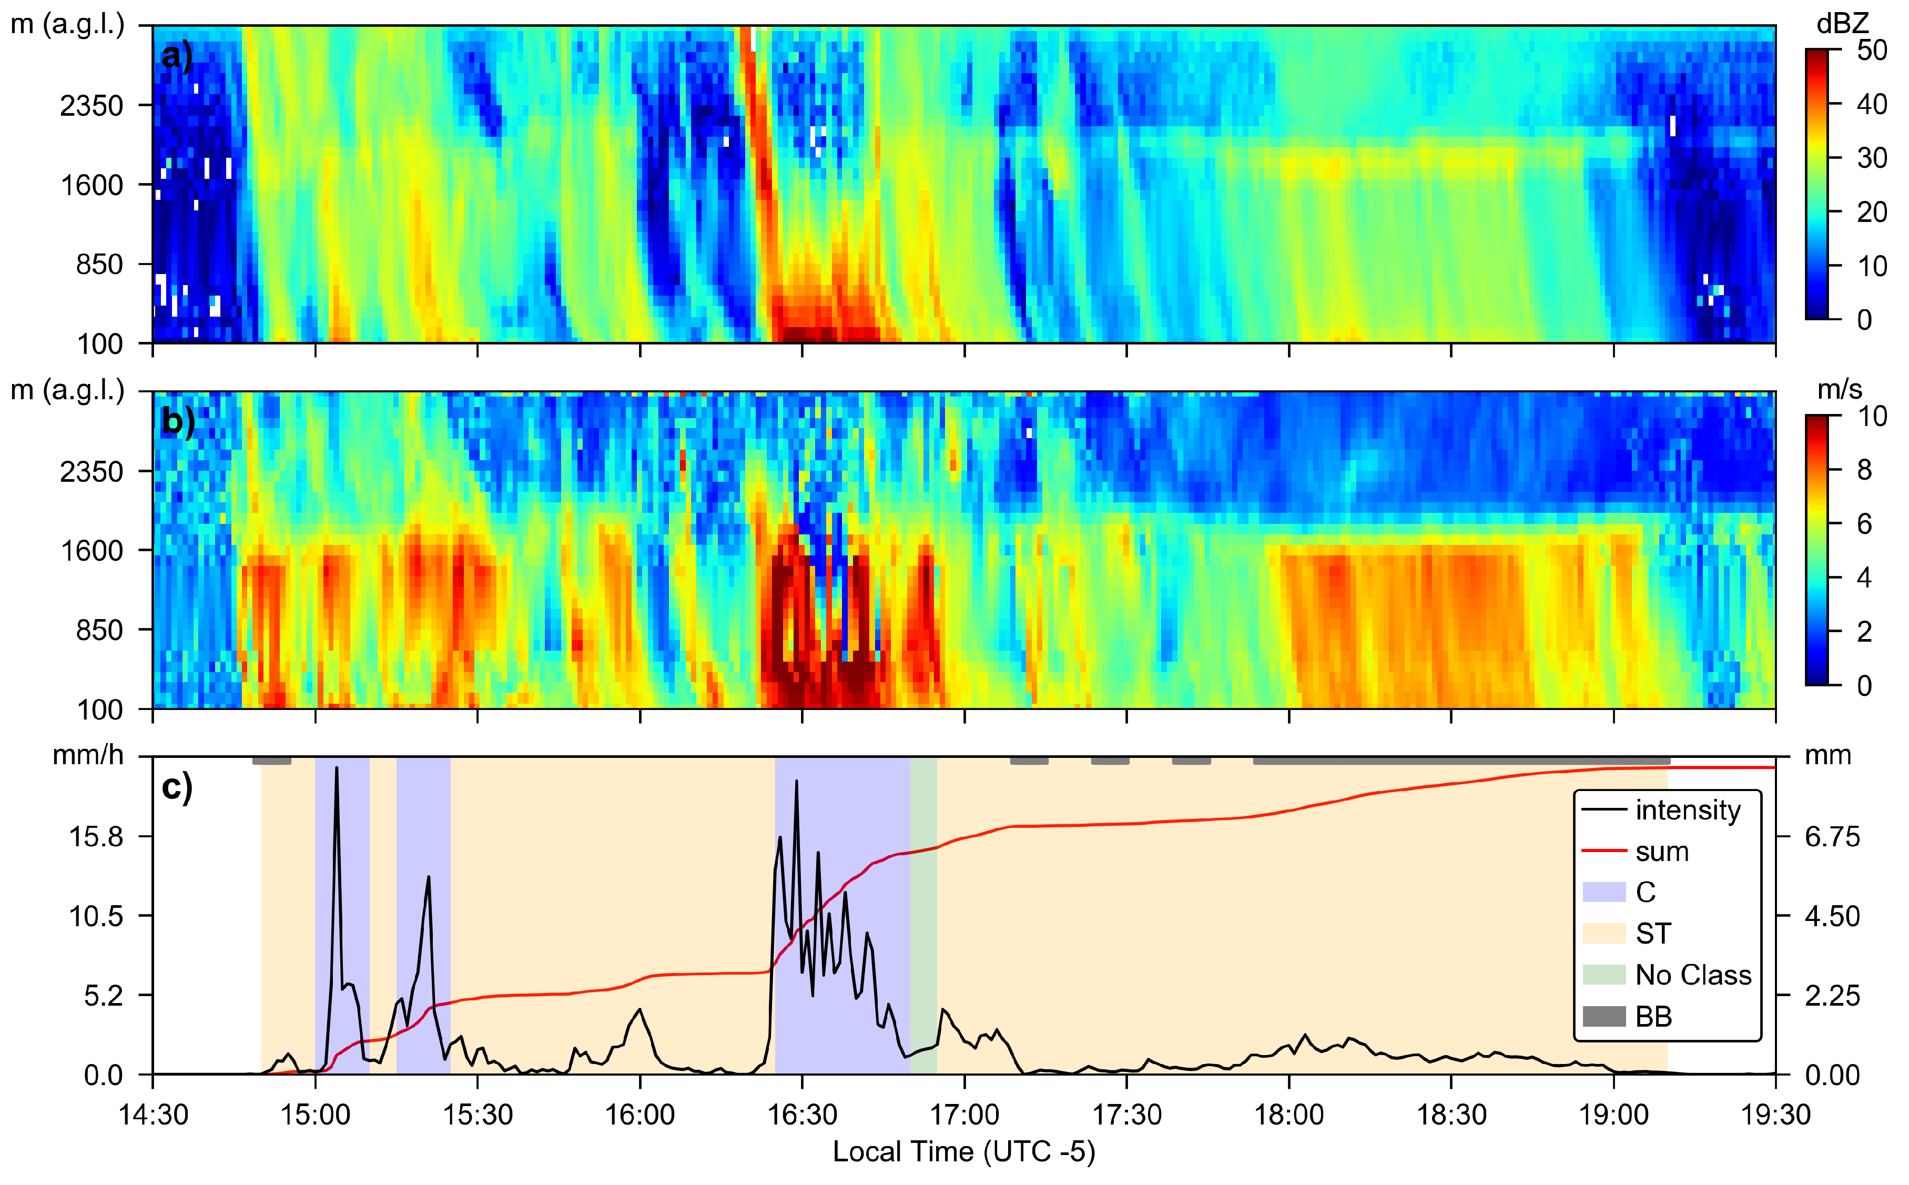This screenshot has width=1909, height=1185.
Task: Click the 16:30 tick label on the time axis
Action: click(x=801, y=1113)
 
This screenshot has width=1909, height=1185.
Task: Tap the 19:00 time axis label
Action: click(x=1613, y=1113)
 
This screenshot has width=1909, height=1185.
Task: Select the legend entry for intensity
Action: click(x=1687, y=809)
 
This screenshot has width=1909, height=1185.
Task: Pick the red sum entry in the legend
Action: click(x=1661, y=851)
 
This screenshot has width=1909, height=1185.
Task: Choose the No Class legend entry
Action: click(x=1693, y=975)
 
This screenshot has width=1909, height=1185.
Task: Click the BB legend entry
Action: click(x=1653, y=1017)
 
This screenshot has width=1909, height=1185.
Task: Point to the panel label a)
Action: click(x=176, y=56)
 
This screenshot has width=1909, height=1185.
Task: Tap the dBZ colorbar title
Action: click(x=1842, y=24)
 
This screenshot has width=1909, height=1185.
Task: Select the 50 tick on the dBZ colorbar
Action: click(x=1871, y=50)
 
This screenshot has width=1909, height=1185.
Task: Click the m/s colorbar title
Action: click(x=1839, y=390)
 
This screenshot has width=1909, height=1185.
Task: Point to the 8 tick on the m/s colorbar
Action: click(x=1864, y=470)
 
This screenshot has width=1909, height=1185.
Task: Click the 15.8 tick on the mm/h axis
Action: click(x=96, y=837)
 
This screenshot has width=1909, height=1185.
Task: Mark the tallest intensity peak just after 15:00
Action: click(x=337, y=768)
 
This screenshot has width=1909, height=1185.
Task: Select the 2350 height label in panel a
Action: click(x=92, y=105)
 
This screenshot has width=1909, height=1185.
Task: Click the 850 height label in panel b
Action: click(x=99, y=630)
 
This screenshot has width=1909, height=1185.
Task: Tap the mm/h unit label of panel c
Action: click(x=88, y=755)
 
